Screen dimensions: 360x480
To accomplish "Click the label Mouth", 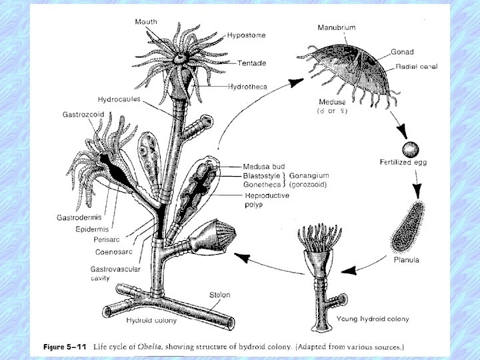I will pyautogui.click(x=147, y=22).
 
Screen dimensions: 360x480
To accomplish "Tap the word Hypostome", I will pyautogui.click(x=245, y=35).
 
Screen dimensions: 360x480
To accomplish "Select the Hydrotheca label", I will pyautogui.click(x=247, y=87).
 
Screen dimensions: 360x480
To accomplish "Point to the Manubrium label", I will pyautogui.click(x=337, y=27).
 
